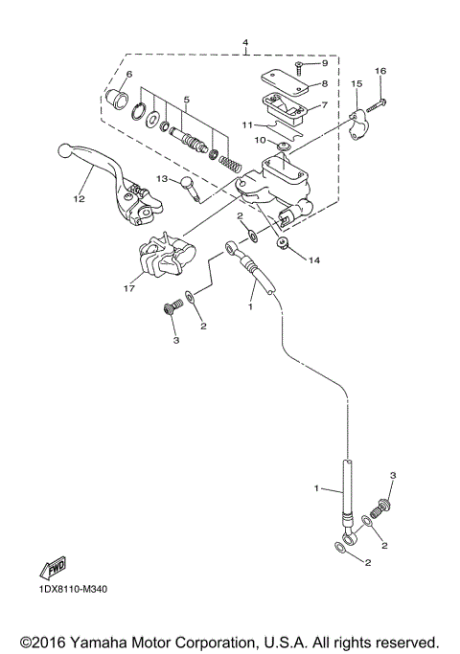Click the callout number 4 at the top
click(x=245, y=43)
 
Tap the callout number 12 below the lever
click(x=79, y=199)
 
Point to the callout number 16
click(x=380, y=72)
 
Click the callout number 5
click(x=188, y=99)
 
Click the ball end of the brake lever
click(x=64, y=150)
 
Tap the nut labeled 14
click(x=284, y=247)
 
